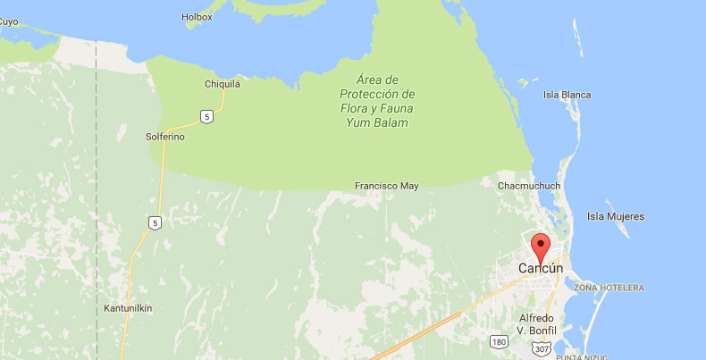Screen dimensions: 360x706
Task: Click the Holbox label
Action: tap(196, 16)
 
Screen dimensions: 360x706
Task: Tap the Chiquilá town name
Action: tap(223, 85)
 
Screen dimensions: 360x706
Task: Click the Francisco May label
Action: tap(386, 186)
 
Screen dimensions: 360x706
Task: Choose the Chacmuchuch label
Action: tap(528, 186)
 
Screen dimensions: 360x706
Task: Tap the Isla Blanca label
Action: tap(567, 95)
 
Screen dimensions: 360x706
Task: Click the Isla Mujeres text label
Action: tap(615, 216)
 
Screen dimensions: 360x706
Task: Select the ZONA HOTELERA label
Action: tap(609, 288)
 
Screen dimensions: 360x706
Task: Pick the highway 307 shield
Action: tap(542, 348)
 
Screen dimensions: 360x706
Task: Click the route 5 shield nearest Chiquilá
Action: tap(206, 116)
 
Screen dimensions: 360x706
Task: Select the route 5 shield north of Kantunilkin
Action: tap(155, 222)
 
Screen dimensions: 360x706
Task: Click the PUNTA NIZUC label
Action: tap(584, 356)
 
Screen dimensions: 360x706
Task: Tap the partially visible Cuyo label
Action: tap(9, 21)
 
